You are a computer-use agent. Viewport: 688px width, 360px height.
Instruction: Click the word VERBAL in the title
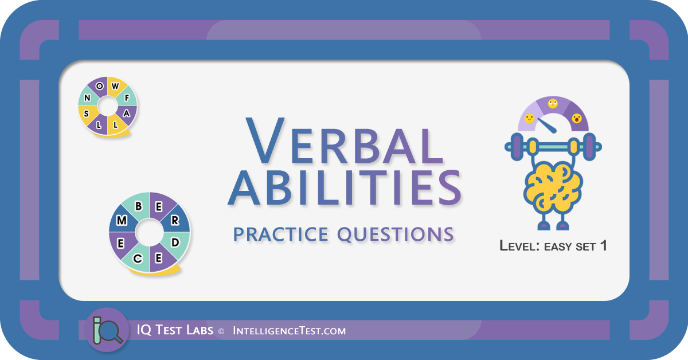pyautogui.click(x=344, y=140)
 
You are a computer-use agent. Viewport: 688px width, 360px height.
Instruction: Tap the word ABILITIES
pyautogui.click(x=345, y=187)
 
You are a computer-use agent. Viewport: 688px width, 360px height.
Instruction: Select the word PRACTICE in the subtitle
pyautogui.click(x=281, y=234)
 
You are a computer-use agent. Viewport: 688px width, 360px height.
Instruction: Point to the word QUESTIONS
pyautogui.click(x=396, y=234)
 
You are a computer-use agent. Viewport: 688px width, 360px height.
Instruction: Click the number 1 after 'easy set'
pyautogui.click(x=603, y=246)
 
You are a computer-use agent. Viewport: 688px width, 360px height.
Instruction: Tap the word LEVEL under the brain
pyautogui.click(x=519, y=246)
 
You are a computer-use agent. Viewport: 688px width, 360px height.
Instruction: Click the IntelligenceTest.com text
pyautogui.click(x=290, y=331)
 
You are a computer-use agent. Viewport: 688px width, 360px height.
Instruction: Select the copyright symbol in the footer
pyautogui.click(x=221, y=331)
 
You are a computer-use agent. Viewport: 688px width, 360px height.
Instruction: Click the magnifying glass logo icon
pyautogui.click(x=107, y=330)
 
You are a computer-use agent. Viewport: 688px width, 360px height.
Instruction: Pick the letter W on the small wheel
pyautogui.click(x=115, y=86)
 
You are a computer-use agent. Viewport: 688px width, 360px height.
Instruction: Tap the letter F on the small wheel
pyautogui.click(x=127, y=97)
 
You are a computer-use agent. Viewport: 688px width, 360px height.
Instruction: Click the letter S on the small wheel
pyautogui.click(x=87, y=114)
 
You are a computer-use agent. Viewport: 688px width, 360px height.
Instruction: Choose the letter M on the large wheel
pyautogui.click(x=122, y=220)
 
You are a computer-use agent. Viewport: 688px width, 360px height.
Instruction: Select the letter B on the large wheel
pyautogui.click(x=139, y=206)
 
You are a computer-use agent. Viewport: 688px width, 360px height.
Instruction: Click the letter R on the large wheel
pyautogui.click(x=175, y=220)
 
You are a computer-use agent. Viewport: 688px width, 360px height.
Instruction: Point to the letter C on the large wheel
pyautogui.click(x=137, y=259)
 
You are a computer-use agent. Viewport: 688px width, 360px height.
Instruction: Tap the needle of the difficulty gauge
pyautogui.click(x=547, y=126)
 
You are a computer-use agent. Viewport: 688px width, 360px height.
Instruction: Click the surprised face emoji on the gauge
pyautogui.click(x=577, y=118)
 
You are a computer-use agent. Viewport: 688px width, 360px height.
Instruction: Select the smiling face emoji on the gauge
pyautogui.click(x=529, y=118)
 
